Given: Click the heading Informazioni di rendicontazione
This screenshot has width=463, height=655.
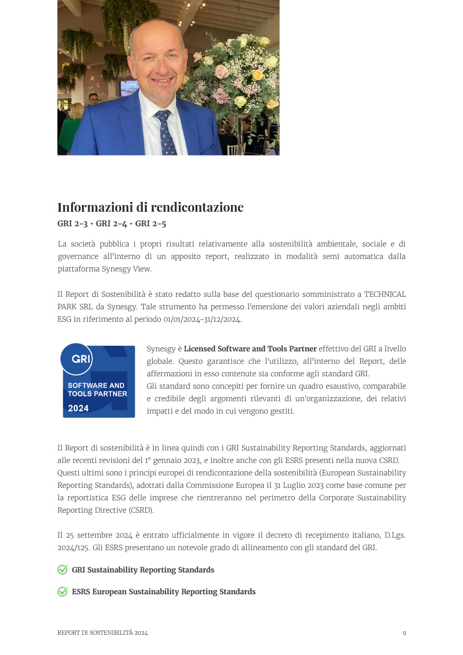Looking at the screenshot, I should [x=150, y=207].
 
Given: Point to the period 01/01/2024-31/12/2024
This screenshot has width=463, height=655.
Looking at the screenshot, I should [x=202, y=319].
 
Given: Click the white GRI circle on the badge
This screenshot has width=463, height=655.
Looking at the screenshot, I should [x=76, y=359].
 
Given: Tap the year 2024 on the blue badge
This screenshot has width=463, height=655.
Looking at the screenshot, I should [x=78, y=408].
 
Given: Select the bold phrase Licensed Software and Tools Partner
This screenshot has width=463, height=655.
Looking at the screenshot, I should [x=250, y=349].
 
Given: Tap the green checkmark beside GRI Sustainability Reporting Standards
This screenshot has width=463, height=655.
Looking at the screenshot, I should [x=62, y=570].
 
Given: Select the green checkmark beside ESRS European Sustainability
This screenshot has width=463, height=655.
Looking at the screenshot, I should [x=62, y=592].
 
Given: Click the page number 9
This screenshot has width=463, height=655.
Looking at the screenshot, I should [x=404, y=633].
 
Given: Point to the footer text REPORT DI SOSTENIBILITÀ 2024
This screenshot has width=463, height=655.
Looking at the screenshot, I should [x=102, y=633].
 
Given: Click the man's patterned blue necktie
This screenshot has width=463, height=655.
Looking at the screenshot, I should [x=166, y=132].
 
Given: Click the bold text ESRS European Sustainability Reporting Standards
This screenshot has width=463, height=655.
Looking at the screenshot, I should [x=164, y=592].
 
